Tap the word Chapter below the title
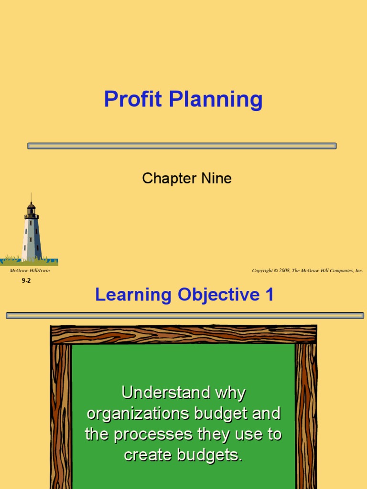click(162, 179)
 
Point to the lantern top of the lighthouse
click(31, 209)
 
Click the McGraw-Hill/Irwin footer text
click(30, 271)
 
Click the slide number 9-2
click(26, 281)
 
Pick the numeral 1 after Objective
click(270, 295)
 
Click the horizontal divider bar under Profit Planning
click(182, 146)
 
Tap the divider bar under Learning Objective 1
click(184, 315)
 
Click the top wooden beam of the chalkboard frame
click(183, 334)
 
